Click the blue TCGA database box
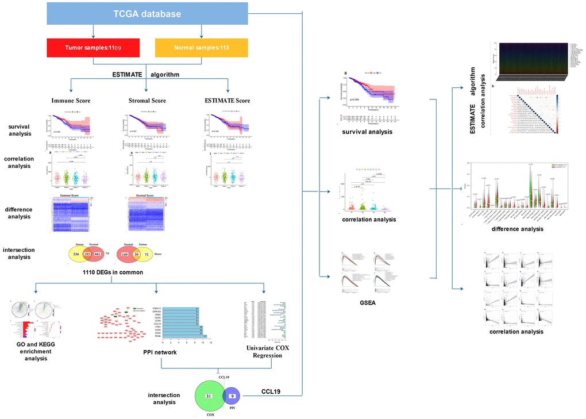147,14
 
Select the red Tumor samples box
93,47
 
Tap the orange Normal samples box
201,47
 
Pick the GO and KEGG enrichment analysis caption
32,351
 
